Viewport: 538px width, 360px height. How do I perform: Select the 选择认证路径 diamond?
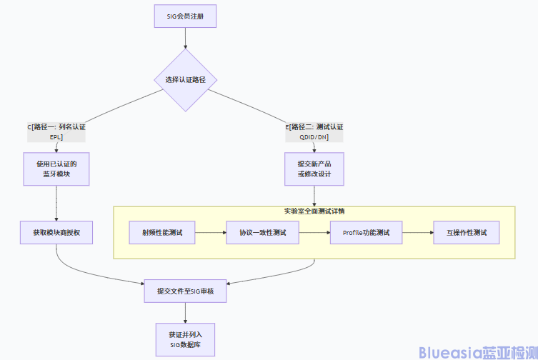click(185, 79)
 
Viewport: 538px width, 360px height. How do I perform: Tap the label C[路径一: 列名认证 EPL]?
click(56, 131)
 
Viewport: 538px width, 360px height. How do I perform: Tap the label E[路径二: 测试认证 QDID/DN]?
click(315, 131)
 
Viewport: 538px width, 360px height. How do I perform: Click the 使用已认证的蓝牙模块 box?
click(56, 169)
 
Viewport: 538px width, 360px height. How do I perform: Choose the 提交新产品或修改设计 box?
click(314, 169)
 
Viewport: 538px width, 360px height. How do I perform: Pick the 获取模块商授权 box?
click(56, 233)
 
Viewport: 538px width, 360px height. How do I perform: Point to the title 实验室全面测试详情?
click(314, 211)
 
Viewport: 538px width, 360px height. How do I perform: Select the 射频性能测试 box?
click(162, 233)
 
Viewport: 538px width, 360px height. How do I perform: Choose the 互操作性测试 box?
click(467, 233)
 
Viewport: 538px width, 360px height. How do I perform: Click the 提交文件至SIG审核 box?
click(185, 291)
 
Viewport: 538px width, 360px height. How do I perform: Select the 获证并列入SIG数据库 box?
click(185, 339)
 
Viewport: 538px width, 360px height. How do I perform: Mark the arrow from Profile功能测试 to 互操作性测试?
click(418, 233)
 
